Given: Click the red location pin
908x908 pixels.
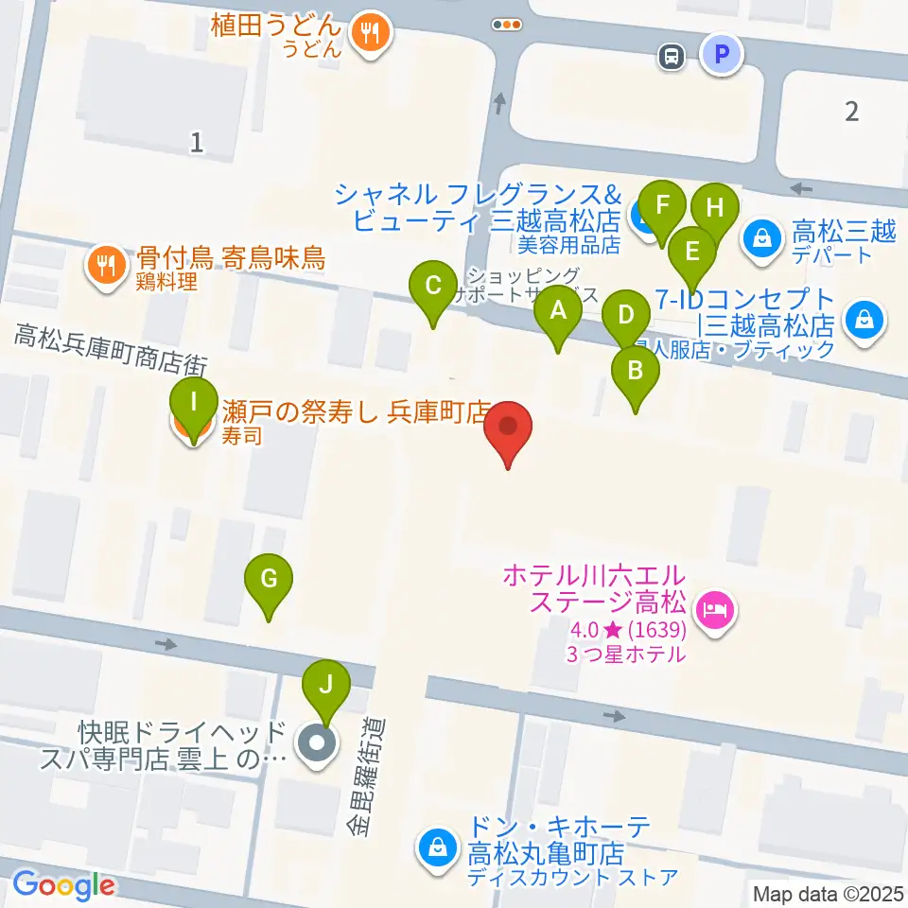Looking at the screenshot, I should [x=508, y=430].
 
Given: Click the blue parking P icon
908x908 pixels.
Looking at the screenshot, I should [x=722, y=56].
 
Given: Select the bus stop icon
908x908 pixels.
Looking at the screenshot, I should [x=671, y=57].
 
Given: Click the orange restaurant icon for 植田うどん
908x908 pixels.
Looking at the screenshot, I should [x=366, y=34].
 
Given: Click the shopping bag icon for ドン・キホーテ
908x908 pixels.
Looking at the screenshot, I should [x=439, y=844].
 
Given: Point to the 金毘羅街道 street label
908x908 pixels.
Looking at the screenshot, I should [x=367, y=777].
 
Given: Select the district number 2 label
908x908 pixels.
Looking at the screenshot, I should [x=851, y=112].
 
